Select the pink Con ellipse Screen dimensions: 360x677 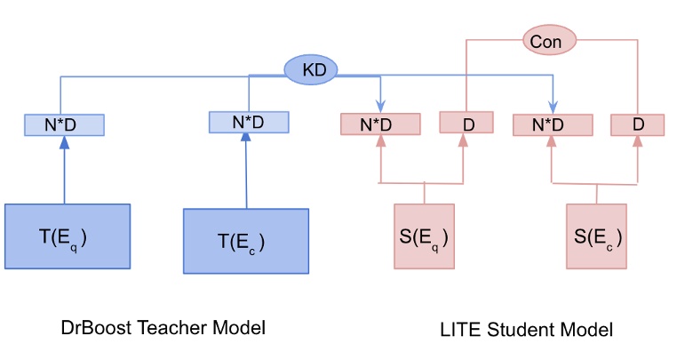547,40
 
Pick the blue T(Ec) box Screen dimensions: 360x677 246,240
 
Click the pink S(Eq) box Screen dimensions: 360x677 424,236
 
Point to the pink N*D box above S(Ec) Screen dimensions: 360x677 552,124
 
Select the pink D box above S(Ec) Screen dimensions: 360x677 637,124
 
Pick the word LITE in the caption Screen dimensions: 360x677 458,330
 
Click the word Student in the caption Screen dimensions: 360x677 516,330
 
